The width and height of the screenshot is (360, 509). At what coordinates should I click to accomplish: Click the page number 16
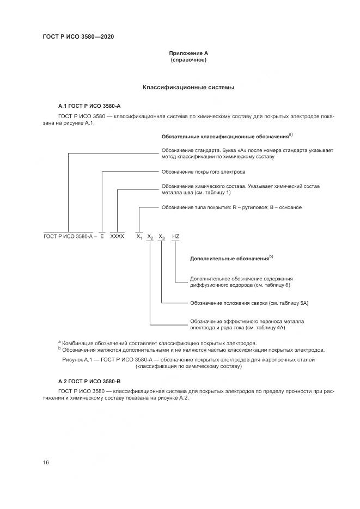pos(46,463)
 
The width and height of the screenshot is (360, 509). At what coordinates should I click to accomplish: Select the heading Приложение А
pos(188,53)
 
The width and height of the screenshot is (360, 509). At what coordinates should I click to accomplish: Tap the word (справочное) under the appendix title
pos(188,60)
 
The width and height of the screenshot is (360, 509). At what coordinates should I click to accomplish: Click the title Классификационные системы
pos(188,87)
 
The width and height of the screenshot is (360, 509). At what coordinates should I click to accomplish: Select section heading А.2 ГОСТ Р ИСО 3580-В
pos(89,381)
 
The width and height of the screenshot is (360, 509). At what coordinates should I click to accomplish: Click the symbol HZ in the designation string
pos(175,237)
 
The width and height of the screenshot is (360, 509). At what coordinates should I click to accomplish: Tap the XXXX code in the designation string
pos(118,237)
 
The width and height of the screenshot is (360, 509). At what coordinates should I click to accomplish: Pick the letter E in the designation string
pos(102,237)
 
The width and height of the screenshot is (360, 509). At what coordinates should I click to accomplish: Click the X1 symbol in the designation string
pos(139,237)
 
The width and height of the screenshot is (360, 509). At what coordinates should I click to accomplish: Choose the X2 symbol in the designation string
pos(150,237)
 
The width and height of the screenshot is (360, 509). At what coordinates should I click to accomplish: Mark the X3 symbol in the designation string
pos(162,237)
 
